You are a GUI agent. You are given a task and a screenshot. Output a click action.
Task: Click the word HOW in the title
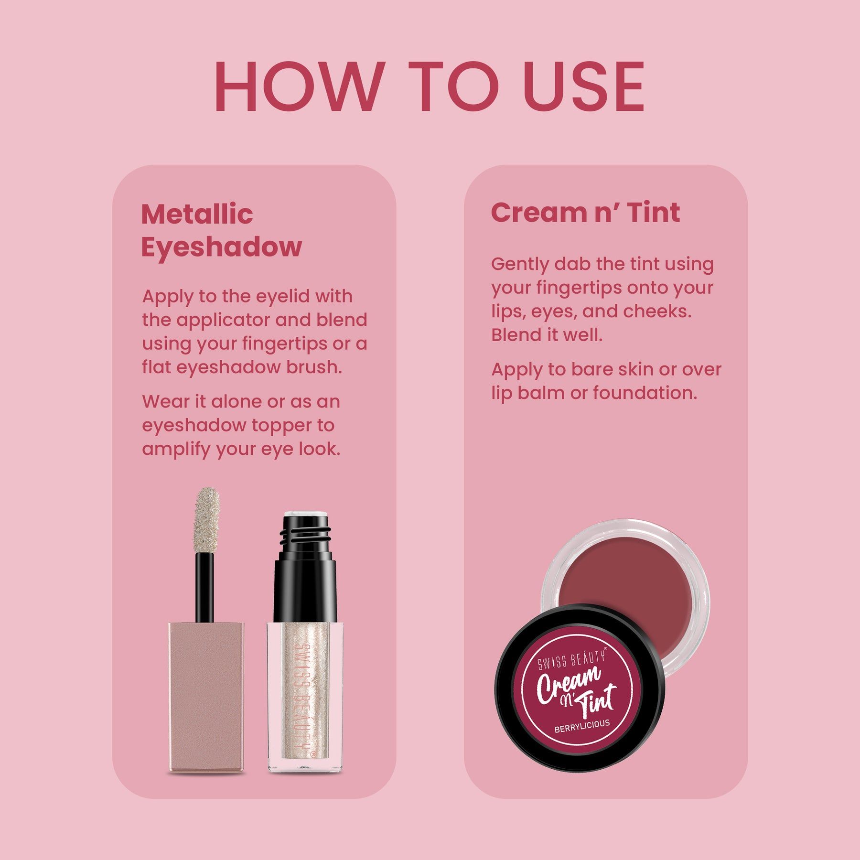click(x=299, y=87)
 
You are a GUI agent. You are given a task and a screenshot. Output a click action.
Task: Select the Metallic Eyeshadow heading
click(x=221, y=230)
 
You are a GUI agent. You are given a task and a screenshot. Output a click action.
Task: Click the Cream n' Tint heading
click(x=585, y=212)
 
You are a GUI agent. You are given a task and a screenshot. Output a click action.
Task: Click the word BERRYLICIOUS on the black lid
click(x=582, y=726)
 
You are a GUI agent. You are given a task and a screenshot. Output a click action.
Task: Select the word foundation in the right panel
click(x=645, y=393)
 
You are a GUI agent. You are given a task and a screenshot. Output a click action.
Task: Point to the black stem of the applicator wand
click(x=204, y=588)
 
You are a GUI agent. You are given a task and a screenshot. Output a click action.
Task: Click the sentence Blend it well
click(x=547, y=335)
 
